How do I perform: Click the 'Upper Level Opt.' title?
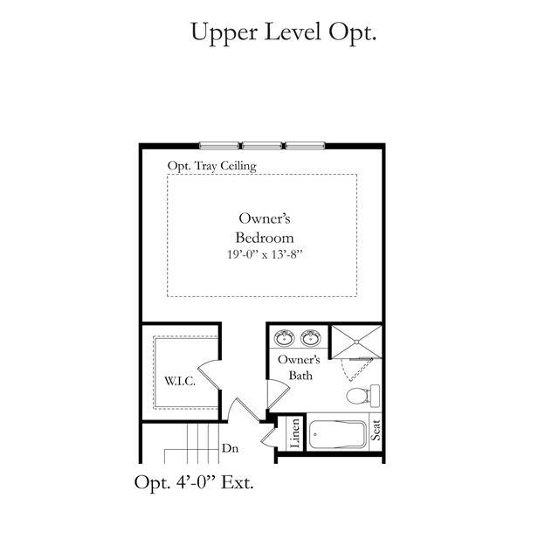click(x=284, y=33)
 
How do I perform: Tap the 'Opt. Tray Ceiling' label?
click(x=212, y=166)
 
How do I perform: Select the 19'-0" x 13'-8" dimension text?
click(x=265, y=254)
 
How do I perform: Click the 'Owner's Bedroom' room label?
click(x=264, y=228)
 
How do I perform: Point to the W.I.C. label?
click(x=180, y=381)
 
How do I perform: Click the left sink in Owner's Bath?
click(x=284, y=338)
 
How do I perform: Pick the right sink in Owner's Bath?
click(x=311, y=338)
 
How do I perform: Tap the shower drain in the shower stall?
click(x=356, y=342)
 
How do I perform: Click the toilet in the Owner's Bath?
click(x=363, y=396)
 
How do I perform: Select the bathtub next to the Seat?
click(x=337, y=435)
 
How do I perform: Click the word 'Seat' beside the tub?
click(x=376, y=430)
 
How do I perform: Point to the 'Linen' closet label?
click(x=295, y=433)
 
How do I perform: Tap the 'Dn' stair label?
click(x=230, y=448)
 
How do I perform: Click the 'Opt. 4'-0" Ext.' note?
click(x=194, y=482)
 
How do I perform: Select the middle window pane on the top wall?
click(x=262, y=145)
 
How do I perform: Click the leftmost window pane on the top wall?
click(x=219, y=145)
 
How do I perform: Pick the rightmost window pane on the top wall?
click(x=305, y=145)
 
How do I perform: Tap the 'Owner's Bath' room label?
click(x=299, y=368)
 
